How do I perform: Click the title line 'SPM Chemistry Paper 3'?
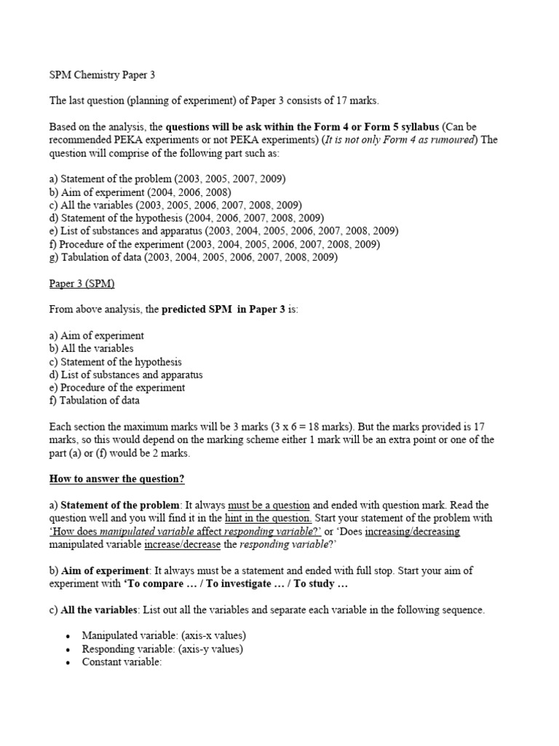click(x=102, y=74)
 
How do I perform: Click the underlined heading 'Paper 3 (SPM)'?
click(x=82, y=283)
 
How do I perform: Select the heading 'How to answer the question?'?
click(x=116, y=479)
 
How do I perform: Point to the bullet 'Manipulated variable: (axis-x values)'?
click(x=164, y=635)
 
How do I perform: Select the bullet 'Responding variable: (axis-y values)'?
click(x=162, y=648)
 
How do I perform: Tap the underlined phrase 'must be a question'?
click(x=269, y=505)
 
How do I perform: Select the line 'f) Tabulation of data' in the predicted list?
click(x=94, y=401)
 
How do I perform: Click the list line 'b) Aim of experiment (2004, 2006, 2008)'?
click(x=140, y=192)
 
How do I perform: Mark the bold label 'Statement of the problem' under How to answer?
click(x=120, y=505)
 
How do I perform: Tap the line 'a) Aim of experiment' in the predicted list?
click(x=96, y=336)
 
